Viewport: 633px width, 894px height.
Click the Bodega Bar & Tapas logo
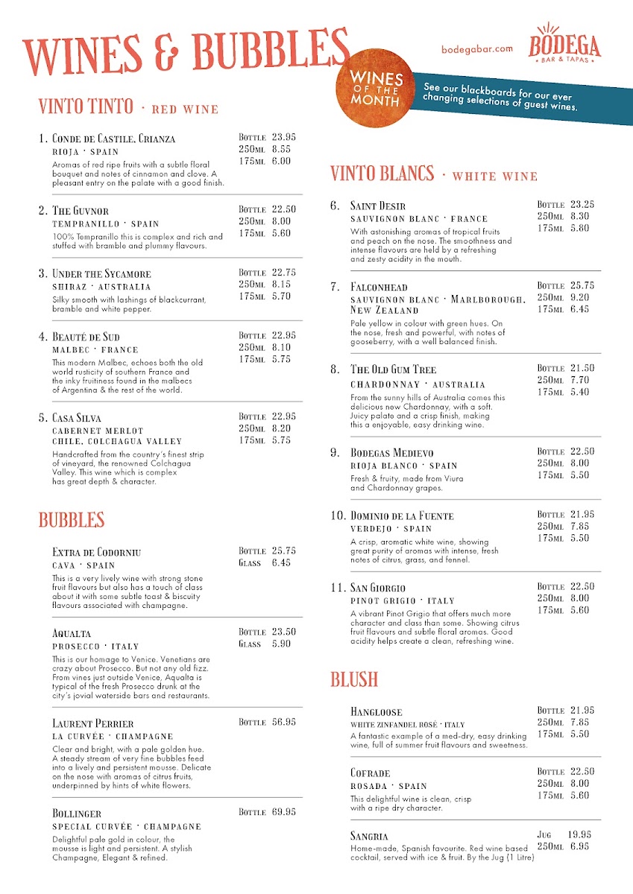564,44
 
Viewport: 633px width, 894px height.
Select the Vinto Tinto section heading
86,107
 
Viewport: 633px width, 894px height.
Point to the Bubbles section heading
72,520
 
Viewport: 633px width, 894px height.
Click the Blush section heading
354,679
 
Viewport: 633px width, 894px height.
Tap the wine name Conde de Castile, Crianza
114,139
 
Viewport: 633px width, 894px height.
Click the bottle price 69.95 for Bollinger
284,811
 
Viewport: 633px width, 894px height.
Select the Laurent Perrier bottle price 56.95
284,722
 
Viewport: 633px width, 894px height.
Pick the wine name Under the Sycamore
101,273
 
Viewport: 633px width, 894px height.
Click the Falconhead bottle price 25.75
582,285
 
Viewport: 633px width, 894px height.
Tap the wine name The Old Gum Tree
393,370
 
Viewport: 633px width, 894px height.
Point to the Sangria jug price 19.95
579,834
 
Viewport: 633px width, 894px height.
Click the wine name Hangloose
377,712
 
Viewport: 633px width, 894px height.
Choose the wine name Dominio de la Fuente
402,516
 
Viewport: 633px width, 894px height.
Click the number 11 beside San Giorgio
338,588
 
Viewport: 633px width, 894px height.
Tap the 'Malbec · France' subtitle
95,349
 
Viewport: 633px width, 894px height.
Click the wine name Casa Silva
77,418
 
